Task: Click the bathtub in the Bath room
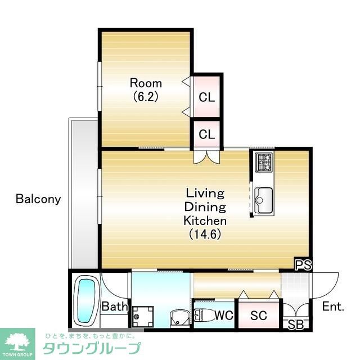tap(86, 301)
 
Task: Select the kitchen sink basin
tap(264, 200)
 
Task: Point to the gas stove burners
tap(264, 162)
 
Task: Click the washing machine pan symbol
tap(143, 316)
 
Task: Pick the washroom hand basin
tap(180, 318)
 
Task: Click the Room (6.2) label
tap(146, 90)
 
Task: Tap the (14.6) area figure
tap(205, 235)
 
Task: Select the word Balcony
tap(38, 199)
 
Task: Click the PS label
tap(303, 265)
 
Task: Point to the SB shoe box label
tap(296, 325)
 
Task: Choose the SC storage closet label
tap(259, 316)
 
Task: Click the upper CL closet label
tap(206, 97)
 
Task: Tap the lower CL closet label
tap(206, 134)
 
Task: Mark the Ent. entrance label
tap(333, 306)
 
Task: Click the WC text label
tap(224, 315)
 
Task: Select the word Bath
tap(115, 306)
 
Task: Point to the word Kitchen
tap(205, 220)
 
